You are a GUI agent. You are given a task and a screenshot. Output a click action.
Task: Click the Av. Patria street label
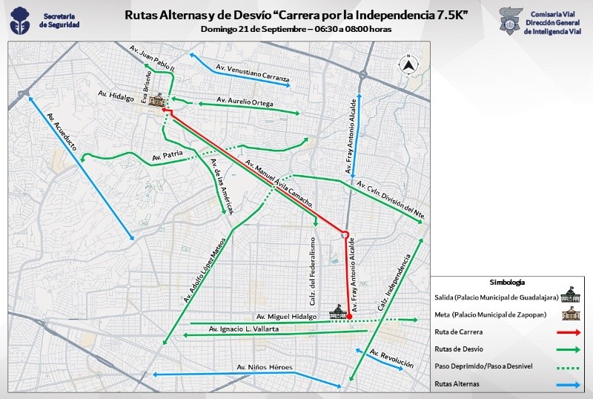pos(166,156)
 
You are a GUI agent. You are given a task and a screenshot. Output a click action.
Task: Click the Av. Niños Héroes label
pos(265,367)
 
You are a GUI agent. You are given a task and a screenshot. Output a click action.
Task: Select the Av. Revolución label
pos(391,359)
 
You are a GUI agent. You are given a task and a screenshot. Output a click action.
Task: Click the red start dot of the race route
pos(349,316)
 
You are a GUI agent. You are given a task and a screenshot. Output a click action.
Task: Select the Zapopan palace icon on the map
pos(156,101)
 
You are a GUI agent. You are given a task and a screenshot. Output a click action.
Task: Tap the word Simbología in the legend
pos(508,282)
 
